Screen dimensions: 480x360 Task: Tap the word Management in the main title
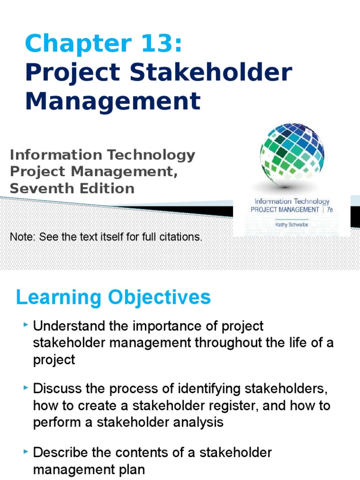(x=113, y=101)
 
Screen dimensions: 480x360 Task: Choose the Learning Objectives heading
(x=113, y=298)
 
